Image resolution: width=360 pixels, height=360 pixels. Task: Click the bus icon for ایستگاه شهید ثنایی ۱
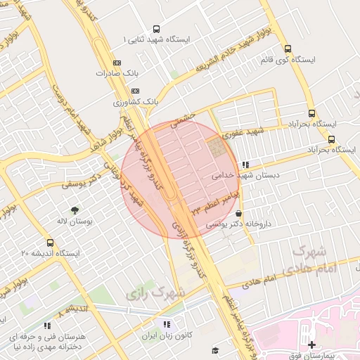click(x=155, y=30)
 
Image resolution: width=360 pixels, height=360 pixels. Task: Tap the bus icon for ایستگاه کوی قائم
click(x=288, y=49)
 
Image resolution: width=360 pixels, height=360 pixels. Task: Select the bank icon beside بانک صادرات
click(x=117, y=63)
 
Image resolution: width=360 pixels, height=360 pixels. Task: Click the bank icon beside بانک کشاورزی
click(x=136, y=91)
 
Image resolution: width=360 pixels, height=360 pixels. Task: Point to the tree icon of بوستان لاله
click(x=74, y=210)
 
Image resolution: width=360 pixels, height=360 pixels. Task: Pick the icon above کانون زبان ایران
click(x=167, y=324)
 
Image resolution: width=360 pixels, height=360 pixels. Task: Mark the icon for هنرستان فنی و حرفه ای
click(x=47, y=326)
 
